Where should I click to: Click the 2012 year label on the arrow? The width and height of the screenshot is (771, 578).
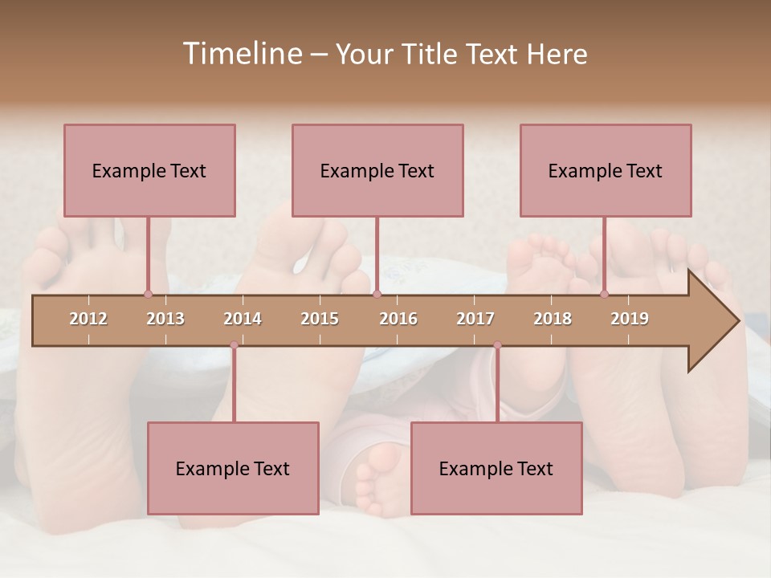point(88,319)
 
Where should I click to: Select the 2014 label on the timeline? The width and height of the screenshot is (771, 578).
point(243,319)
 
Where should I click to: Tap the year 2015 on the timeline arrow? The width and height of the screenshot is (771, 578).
point(320,319)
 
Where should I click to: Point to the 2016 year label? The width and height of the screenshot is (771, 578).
point(398,319)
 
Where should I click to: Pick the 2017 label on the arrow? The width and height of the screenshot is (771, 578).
point(475,319)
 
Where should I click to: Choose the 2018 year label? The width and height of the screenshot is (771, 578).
point(553,319)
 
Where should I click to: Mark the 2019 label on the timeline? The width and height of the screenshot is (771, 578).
point(630,319)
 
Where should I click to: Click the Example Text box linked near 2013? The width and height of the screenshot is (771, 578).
point(149,170)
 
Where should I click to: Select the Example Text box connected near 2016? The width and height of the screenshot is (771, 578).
point(377,170)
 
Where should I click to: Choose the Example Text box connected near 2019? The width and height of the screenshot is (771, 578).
point(606,170)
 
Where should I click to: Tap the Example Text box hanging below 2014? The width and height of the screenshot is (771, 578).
point(233,468)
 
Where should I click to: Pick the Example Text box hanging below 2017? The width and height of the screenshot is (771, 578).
point(496,468)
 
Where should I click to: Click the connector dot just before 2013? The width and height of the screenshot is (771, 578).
point(148,294)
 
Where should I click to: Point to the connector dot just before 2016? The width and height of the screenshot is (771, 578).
point(377,294)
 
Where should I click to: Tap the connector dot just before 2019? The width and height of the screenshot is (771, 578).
point(604,294)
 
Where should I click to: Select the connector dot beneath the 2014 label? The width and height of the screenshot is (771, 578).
point(234,345)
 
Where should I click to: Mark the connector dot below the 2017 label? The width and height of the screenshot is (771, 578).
point(497,345)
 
